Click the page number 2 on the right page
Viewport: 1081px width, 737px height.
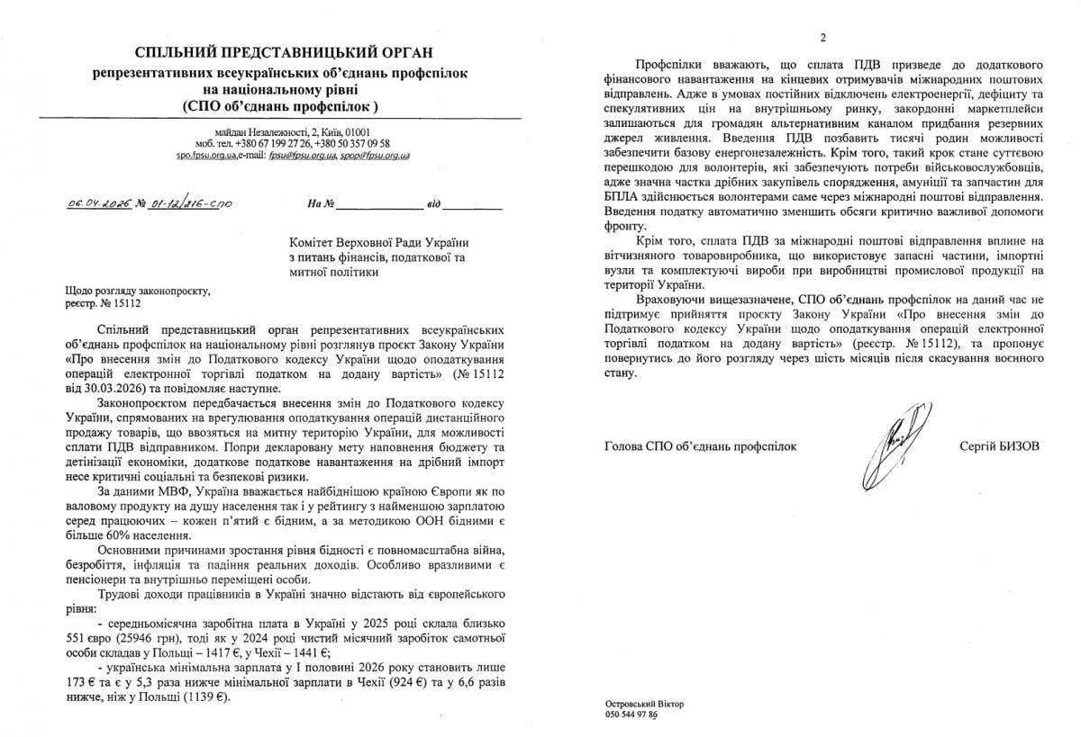coord(822,38)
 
